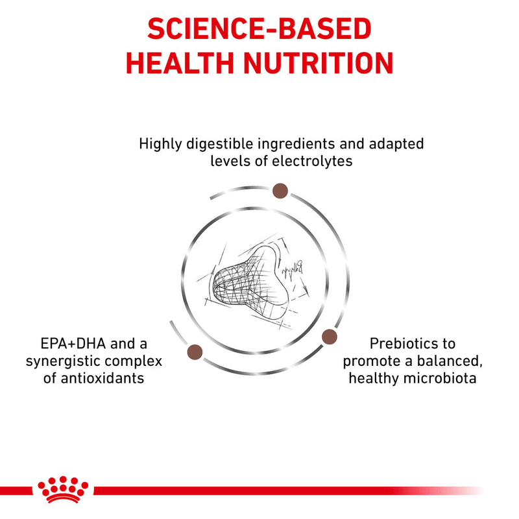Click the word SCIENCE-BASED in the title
[x=259, y=29]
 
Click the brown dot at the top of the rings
[x=281, y=190]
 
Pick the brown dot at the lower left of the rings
[x=193, y=352]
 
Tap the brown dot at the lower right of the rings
[x=330, y=336]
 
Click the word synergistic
[x=67, y=361]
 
